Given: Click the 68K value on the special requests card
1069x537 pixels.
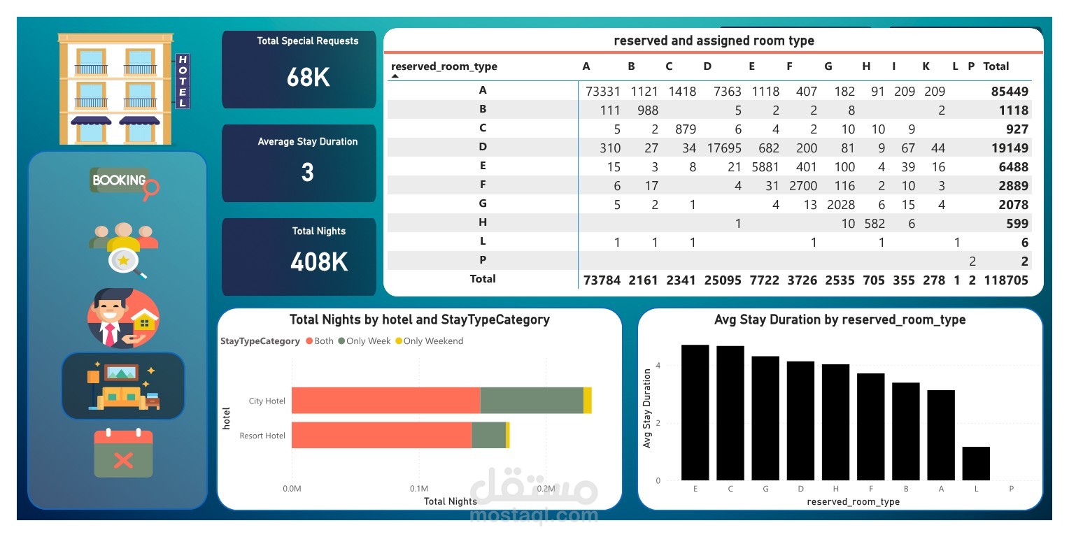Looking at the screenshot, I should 308,77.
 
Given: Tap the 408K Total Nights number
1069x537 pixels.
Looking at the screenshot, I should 319,262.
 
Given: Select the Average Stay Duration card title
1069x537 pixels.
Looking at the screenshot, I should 307,141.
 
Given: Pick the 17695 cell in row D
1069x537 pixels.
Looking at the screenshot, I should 721,148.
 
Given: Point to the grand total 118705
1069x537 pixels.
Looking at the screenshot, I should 1005,280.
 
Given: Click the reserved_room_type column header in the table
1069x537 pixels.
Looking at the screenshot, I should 444,66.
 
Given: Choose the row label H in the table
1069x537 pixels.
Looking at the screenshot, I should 482,222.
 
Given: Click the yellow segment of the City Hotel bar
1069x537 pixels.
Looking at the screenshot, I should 588,400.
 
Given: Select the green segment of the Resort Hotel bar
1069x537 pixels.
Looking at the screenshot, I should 488,435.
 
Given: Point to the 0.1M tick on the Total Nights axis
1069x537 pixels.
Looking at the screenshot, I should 418,487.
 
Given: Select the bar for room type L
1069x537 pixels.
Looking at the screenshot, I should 976,464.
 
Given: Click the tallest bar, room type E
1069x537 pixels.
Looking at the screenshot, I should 695,413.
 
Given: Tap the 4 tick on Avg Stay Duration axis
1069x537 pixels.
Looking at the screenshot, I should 658,366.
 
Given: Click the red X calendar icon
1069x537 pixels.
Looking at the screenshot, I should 123,454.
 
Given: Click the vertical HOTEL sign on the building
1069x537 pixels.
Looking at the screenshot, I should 183,81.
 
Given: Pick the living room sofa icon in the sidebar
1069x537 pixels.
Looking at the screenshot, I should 124,386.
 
